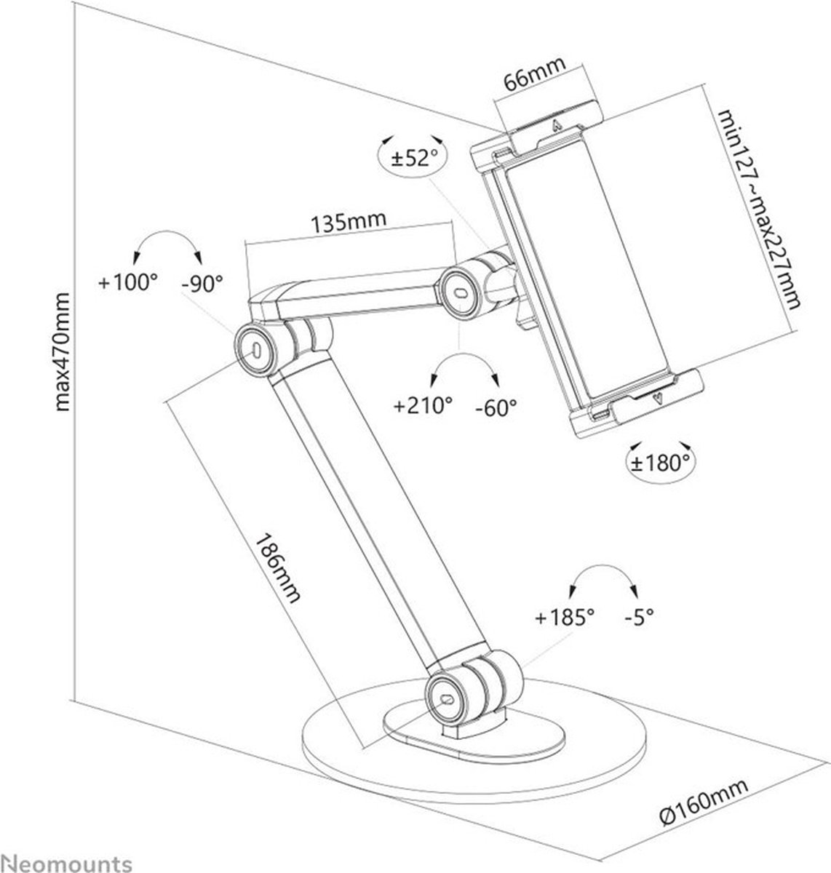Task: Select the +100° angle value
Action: pos(129,283)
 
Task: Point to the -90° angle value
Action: pos(202,283)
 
